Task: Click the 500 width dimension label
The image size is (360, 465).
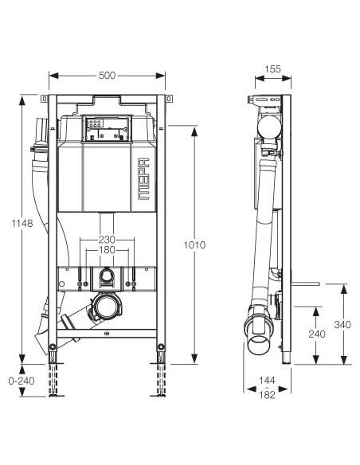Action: click(108, 76)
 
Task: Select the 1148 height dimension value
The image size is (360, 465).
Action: click(24, 224)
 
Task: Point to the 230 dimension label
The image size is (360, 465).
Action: click(107, 239)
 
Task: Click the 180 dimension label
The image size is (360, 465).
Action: click(107, 251)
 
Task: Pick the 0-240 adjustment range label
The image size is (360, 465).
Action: click(22, 381)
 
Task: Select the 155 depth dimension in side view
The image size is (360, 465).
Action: click(271, 69)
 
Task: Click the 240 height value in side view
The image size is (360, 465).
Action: click(316, 334)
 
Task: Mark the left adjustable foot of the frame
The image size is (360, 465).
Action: click(53, 348)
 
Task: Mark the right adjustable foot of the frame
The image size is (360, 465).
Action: click(162, 348)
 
